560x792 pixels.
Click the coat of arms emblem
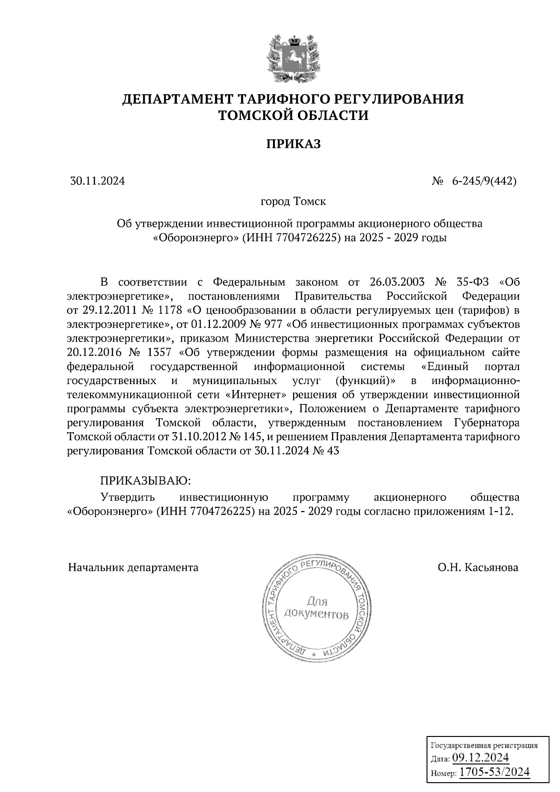(x=293, y=58)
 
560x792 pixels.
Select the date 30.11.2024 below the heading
(x=98, y=181)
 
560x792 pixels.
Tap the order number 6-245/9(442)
(x=483, y=181)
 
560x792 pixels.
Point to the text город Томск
(x=293, y=202)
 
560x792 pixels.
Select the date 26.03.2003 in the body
(x=397, y=282)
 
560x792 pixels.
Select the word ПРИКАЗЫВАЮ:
(x=146, y=480)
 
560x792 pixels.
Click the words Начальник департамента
(x=133, y=568)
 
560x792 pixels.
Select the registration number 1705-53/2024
(x=494, y=772)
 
